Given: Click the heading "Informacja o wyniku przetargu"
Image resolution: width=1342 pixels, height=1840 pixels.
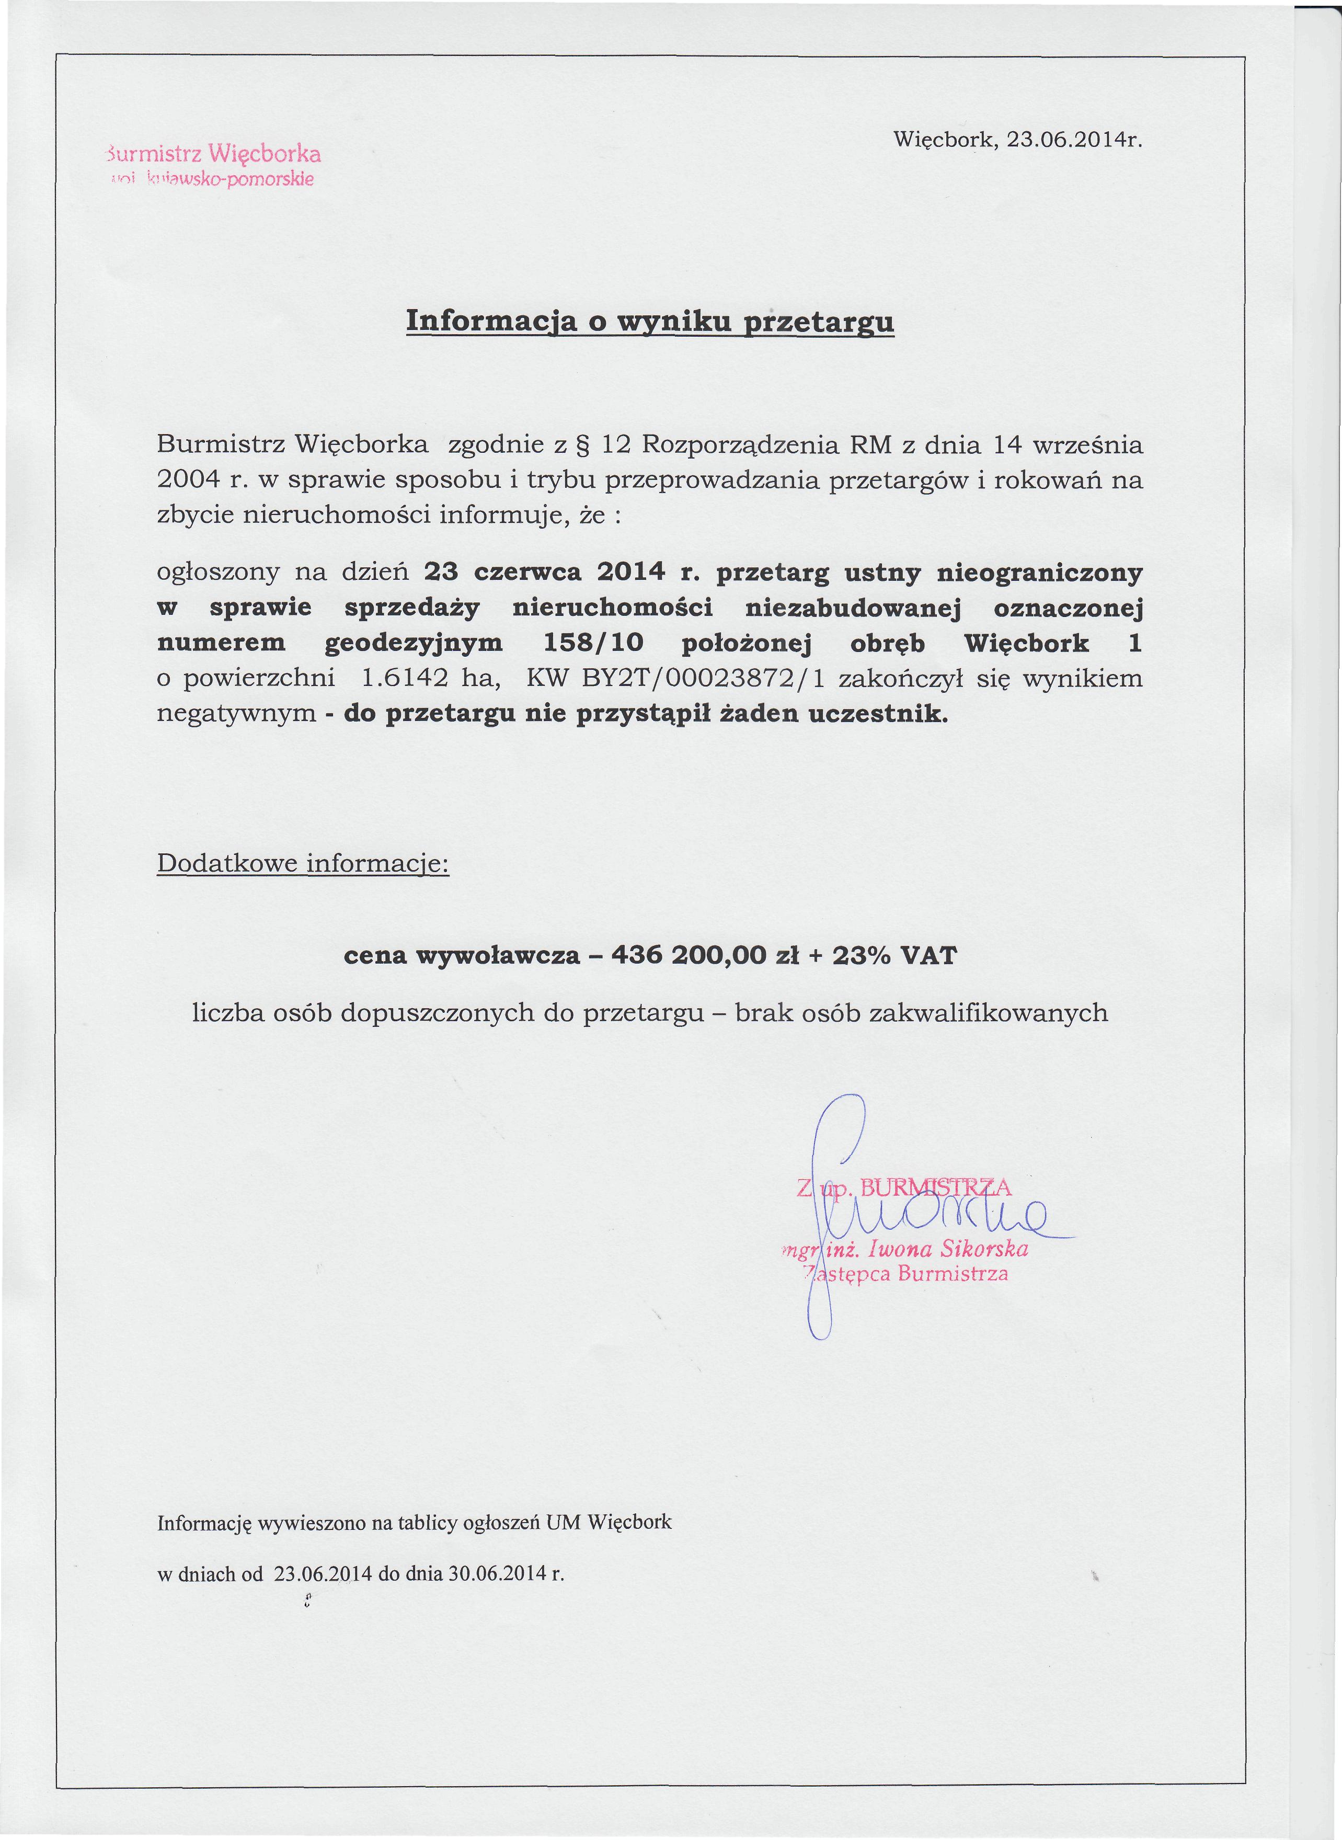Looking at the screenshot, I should [650, 321].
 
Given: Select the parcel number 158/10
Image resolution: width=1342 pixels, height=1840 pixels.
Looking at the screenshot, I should [592, 643].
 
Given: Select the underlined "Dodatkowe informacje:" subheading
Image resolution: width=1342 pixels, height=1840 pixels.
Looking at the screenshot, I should [303, 863].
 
